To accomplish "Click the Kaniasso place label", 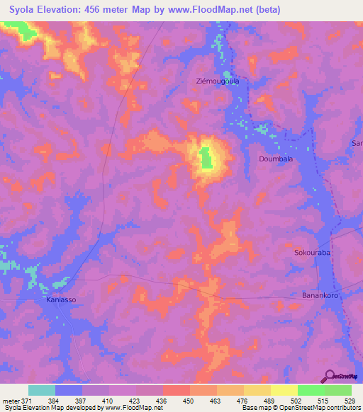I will point(62,300).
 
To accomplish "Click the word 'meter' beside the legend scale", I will point(10,401).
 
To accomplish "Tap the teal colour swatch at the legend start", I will point(41,390).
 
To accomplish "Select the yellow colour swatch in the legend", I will point(284,390).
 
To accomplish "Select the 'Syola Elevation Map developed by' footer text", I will point(50,408).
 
